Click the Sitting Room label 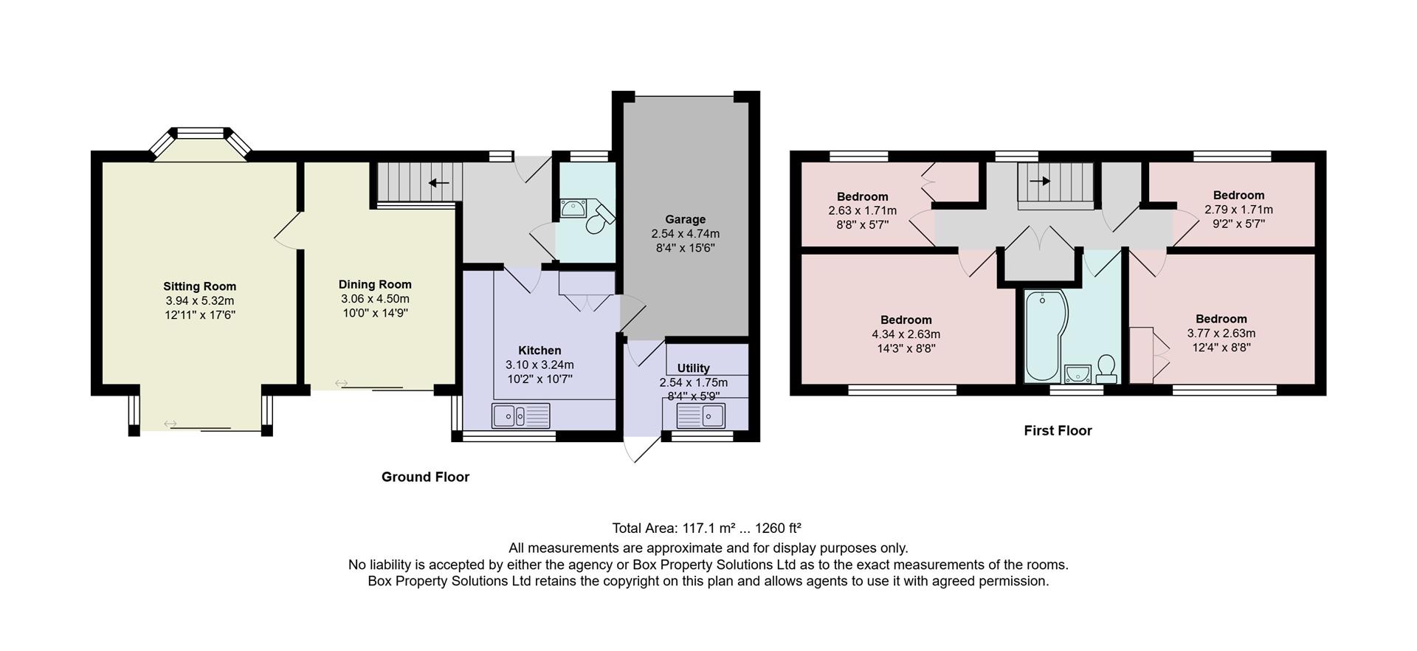tap(199, 286)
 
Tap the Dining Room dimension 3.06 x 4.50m tap(375, 299)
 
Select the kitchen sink tap(521, 416)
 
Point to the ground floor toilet tap(599, 216)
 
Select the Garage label tap(685, 219)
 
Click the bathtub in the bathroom tap(1043, 336)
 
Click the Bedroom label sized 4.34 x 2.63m tap(906, 320)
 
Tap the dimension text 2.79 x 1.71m tap(1238, 210)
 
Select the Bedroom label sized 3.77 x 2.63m tap(1221, 319)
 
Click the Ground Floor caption tap(425, 477)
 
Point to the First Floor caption tap(1058, 430)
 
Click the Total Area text tap(706, 528)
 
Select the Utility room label tap(693, 368)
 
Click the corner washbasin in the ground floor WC tap(571, 208)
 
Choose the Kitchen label tap(539, 351)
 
